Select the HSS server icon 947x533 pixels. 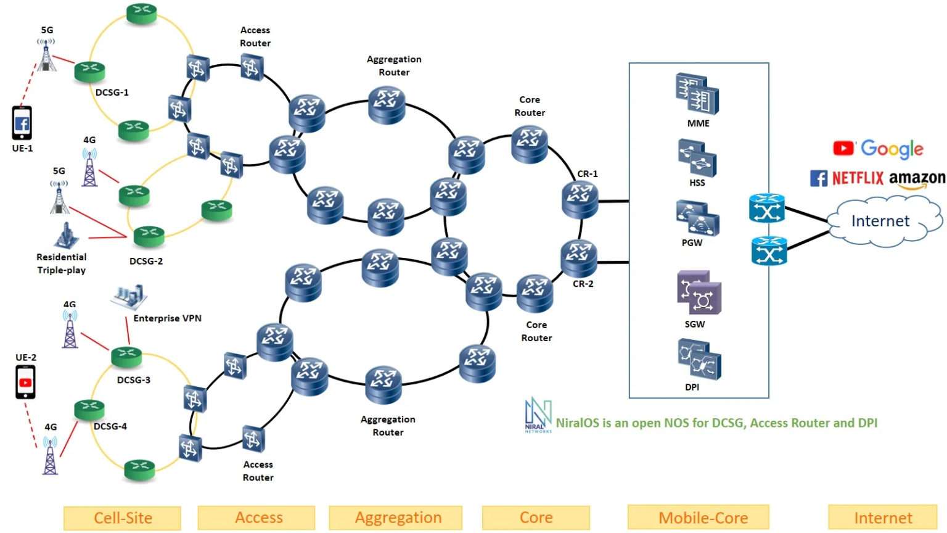point(697,158)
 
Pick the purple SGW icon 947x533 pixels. point(699,293)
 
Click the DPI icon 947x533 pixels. point(699,360)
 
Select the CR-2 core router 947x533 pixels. point(578,257)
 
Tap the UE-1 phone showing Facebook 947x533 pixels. point(22,123)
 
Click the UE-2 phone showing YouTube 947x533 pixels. point(25,382)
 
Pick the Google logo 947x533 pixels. point(892,148)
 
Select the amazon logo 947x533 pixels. point(917,179)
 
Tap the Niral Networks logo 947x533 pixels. point(538,415)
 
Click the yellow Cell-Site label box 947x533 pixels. point(122,518)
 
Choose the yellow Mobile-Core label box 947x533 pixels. point(703,518)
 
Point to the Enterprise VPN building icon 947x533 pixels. point(130,296)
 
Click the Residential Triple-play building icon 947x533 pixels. point(64,236)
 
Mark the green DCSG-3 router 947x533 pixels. point(126,356)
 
